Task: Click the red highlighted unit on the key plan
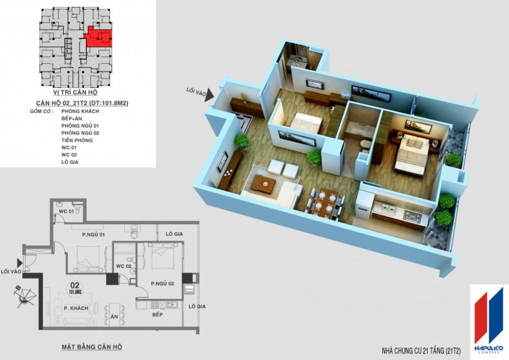pyautogui.click(x=98, y=37)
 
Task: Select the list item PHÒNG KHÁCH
pyautogui.click(x=80, y=110)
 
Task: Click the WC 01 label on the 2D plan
pyautogui.click(x=65, y=211)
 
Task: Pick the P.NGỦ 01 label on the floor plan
pyautogui.click(x=93, y=235)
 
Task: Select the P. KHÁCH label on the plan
pyautogui.click(x=76, y=309)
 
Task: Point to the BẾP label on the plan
pyautogui.click(x=157, y=316)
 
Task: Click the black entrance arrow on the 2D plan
pyautogui.click(x=20, y=262)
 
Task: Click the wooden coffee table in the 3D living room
pyautogui.click(x=263, y=184)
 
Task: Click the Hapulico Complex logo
pyautogui.click(x=488, y=319)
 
